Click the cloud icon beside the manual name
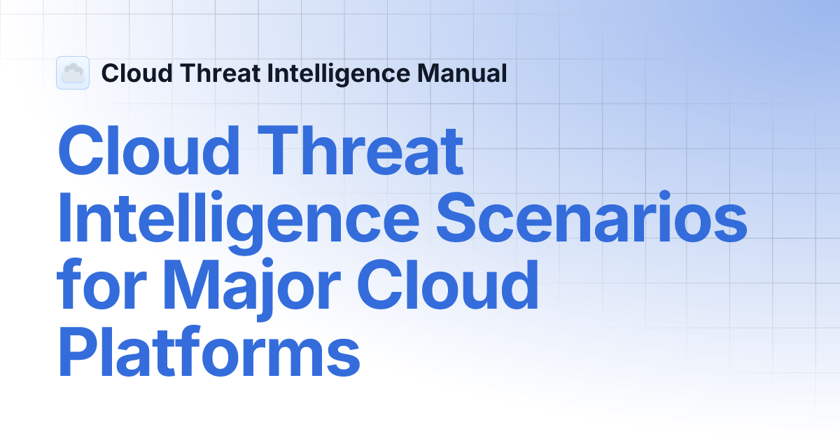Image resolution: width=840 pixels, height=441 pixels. pos(73,73)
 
